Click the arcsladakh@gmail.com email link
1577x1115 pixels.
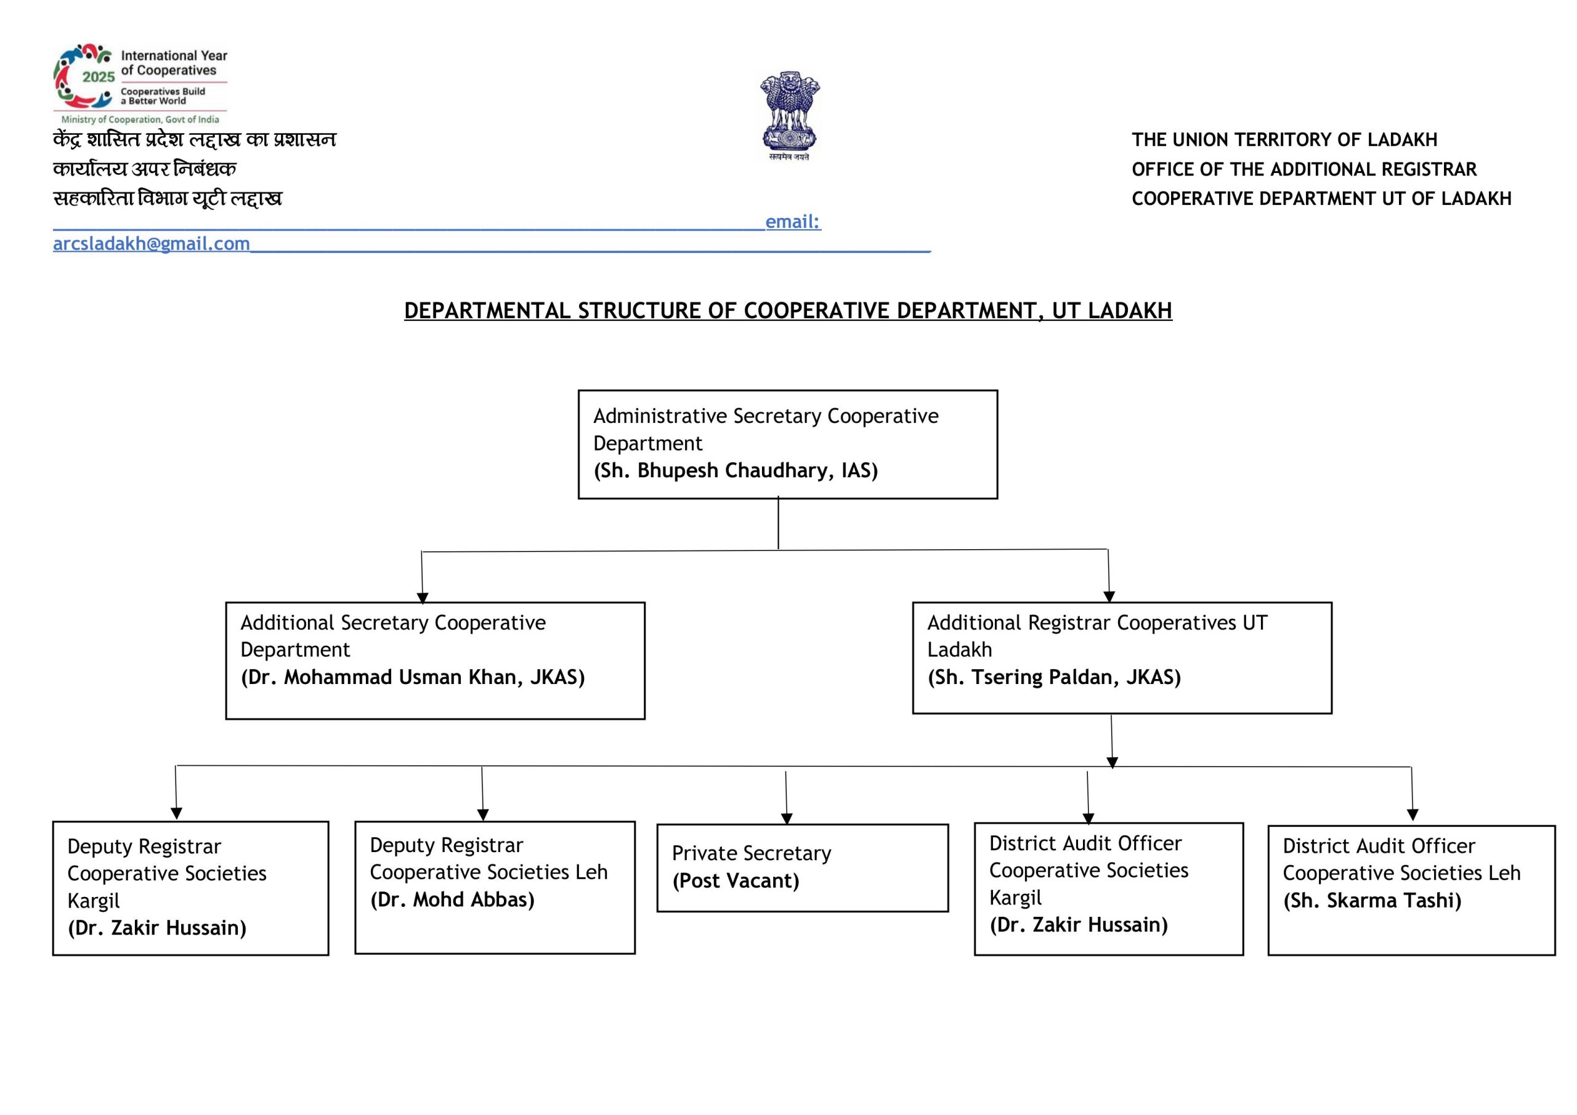click(151, 244)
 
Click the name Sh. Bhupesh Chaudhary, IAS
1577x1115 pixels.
click(736, 470)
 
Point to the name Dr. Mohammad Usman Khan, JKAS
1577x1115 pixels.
click(413, 678)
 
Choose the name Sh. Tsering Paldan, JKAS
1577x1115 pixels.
click(1054, 678)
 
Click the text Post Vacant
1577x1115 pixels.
click(736, 881)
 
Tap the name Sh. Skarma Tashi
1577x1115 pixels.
click(1372, 901)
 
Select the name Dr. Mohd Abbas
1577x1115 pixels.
click(452, 900)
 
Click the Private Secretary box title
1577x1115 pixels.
click(752, 853)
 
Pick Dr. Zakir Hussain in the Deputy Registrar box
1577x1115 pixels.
click(156, 928)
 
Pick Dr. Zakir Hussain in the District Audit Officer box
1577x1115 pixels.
click(1079, 925)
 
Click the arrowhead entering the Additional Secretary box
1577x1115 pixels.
click(423, 597)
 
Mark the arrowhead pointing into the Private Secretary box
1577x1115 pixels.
click(787, 818)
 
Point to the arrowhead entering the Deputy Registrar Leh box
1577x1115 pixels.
click(483, 815)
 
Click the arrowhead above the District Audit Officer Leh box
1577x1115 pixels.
click(1413, 815)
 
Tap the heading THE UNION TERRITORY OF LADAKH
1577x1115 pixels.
click(1284, 140)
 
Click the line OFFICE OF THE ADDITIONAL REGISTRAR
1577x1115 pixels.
click(1304, 169)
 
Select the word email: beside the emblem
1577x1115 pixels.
click(793, 222)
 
